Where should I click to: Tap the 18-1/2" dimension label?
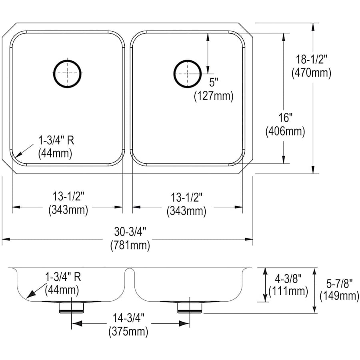coord(311,60)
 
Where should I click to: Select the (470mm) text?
coord(311,73)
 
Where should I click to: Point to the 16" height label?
coord(285,118)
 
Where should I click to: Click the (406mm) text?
coord(285,131)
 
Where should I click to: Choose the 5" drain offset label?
coord(214,82)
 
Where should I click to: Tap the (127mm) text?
coord(214,96)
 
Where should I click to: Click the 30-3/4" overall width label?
coord(130,232)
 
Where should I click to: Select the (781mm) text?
coord(130,245)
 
